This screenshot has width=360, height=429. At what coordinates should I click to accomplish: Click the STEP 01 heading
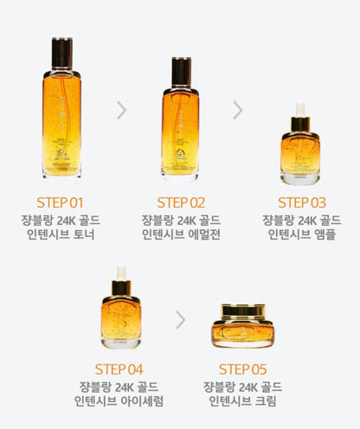point(60,202)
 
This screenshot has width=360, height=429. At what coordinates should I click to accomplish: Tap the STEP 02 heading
point(181,202)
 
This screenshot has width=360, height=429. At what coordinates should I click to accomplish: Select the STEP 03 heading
point(302,202)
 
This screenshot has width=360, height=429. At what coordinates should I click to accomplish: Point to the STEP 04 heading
point(119,369)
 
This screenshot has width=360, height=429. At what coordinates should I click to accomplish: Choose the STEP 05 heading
point(242,369)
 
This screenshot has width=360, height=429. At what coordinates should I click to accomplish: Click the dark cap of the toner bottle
point(62,53)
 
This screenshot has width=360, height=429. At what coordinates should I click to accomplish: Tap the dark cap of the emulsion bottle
point(181,71)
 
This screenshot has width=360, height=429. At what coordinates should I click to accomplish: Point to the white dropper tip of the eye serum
point(121,272)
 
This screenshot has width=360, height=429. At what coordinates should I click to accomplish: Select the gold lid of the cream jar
point(243,311)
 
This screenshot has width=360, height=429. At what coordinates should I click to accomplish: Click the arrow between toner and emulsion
point(122,110)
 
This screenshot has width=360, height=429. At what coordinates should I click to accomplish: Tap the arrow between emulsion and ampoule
point(238,110)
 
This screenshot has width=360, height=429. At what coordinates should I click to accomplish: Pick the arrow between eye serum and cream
point(181,320)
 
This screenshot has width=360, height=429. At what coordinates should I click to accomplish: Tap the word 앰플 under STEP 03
point(325,234)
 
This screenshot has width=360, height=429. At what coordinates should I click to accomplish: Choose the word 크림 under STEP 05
point(266,400)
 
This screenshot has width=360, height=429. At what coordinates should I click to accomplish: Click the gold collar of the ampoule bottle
point(300,125)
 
